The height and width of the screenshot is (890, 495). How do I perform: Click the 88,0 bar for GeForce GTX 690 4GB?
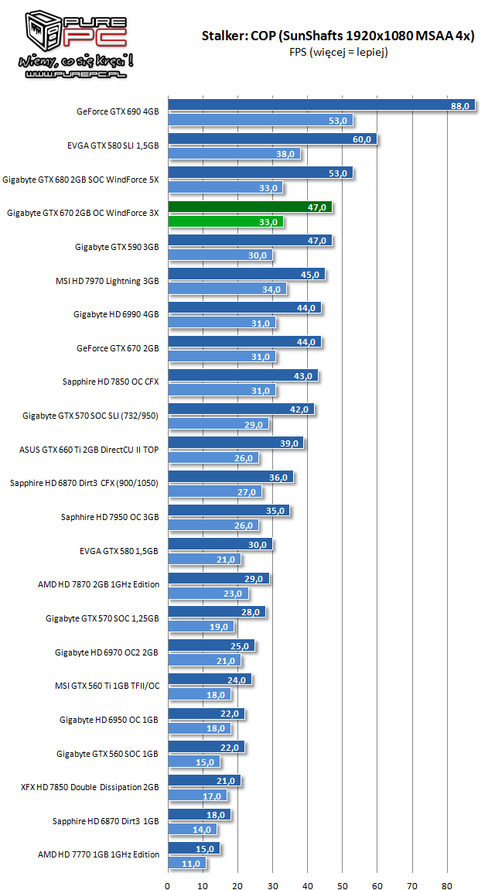(x=321, y=106)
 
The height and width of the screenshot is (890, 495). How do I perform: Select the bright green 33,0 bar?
(x=225, y=222)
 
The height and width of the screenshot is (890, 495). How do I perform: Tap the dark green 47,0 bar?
(x=250, y=207)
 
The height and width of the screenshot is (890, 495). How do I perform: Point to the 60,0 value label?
(x=362, y=140)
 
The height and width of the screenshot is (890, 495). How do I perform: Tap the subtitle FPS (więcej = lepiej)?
(x=338, y=52)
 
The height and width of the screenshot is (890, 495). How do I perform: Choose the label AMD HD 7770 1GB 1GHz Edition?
(x=98, y=854)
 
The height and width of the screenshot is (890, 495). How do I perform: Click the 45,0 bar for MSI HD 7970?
(x=246, y=275)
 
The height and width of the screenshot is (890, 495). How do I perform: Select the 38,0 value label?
(x=285, y=154)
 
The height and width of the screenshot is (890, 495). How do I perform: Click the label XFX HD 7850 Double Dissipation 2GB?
(x=90, y=786)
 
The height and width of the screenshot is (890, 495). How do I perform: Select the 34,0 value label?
(x=271, y=289)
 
